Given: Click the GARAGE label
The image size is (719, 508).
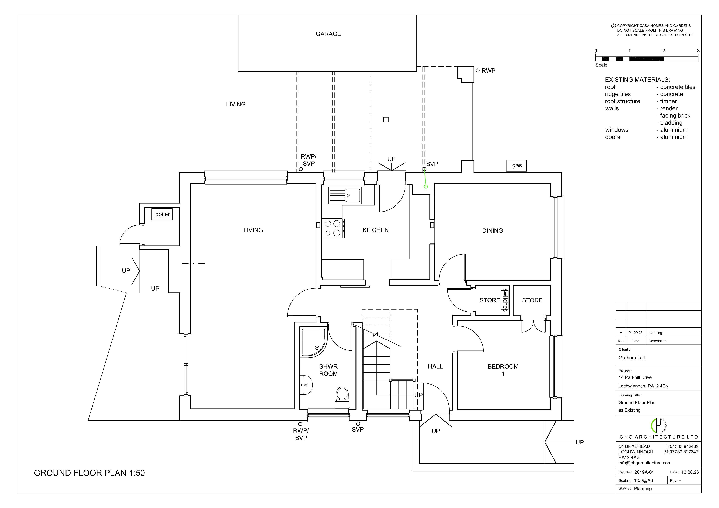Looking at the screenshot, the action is click(328, 34).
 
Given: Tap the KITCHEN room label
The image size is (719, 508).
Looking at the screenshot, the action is click(375, 230).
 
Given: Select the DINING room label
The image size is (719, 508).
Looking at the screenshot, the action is click(492, 231).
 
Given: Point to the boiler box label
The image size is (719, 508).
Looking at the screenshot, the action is click(162, 214).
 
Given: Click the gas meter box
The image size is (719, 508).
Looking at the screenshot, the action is click(516, 166).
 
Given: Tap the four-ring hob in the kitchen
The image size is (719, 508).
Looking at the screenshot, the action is click(333, 228).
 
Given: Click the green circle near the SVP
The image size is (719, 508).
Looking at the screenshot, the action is click(426, 186).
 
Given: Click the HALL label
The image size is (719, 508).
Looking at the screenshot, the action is click(435, 366).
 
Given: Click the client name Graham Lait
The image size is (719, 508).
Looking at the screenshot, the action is click(632, 358).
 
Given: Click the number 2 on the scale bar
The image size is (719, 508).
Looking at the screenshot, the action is click(664, 50).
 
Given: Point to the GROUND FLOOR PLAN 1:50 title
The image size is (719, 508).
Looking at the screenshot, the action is click(89, 473).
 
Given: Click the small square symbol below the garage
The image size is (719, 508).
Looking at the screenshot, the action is click(386, 120).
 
